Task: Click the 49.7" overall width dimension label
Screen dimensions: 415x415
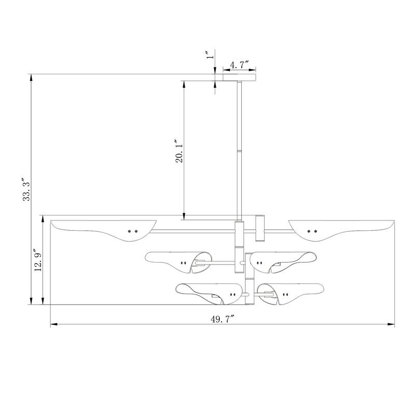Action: point(223,319)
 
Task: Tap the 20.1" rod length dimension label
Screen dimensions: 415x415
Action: point(179,150)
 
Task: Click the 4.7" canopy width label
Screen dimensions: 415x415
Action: point(240,64)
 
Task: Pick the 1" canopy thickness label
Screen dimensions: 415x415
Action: point(211,55)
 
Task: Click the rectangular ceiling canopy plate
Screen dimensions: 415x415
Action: point(239,77)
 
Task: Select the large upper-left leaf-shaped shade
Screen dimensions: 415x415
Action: point(103,230)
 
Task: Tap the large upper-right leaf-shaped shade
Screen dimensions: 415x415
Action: point(342,230)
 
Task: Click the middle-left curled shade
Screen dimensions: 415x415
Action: point(178,262)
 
